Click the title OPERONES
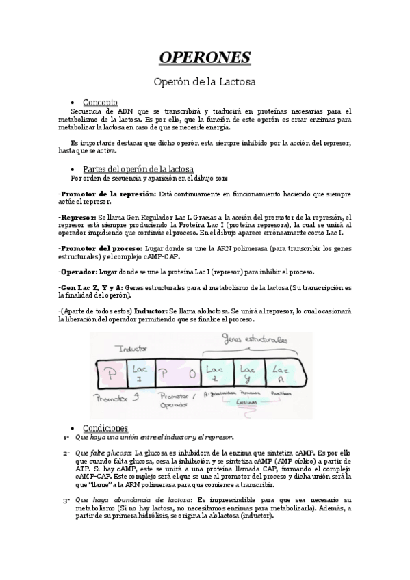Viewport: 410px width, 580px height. pos(205,56)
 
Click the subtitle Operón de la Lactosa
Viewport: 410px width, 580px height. pos(205,82)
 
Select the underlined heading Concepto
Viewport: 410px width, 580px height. pos(100,101)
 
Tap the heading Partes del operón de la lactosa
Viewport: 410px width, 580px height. pos(138,168)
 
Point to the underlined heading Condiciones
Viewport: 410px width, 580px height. pos(105,427)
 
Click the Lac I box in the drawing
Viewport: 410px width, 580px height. pos(137,374)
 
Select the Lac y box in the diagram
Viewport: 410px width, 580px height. pos(249,373)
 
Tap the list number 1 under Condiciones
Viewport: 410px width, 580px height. pos(65,438)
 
